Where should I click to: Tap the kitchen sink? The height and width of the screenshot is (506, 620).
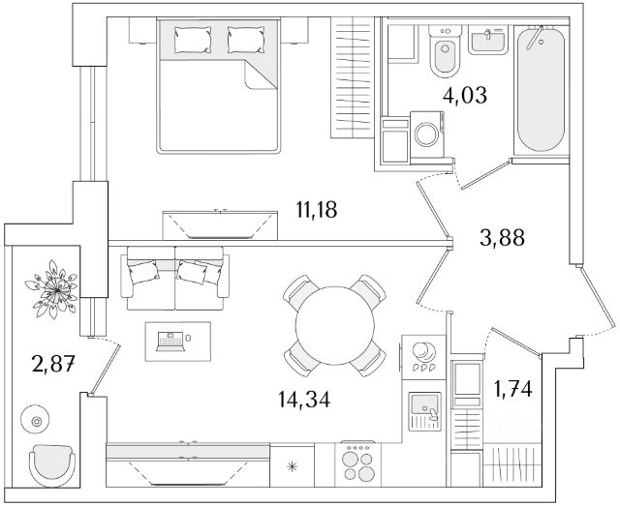(424, 410)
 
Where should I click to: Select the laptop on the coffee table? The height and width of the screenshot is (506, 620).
(170, 340)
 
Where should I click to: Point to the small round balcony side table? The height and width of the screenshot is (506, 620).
(38, 421)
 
